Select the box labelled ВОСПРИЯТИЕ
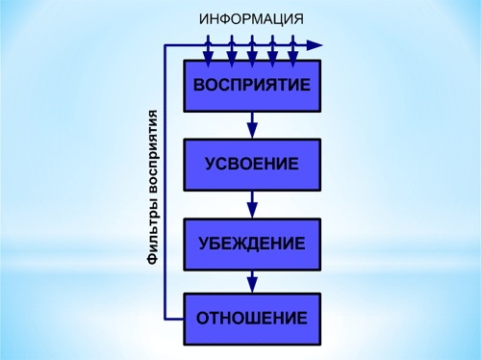(251, 85)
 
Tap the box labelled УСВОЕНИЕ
(251, 163)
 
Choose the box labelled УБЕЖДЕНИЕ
(251, 242)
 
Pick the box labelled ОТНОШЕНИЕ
(251, 318)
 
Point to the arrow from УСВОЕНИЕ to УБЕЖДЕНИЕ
(251, 203)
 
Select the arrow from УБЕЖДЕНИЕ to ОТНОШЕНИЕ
(251, 280)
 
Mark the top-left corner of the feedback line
(166, 44)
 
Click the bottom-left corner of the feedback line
(166, 317)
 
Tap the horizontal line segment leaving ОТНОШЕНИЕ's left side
(175, 317)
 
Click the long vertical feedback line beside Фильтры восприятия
(166, 183)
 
